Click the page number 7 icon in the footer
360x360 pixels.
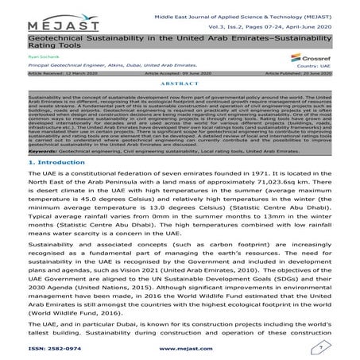322,346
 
